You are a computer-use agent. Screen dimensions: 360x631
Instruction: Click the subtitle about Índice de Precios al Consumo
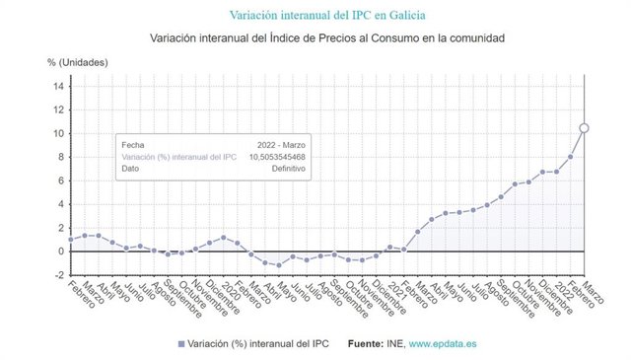click(x=327, y=38)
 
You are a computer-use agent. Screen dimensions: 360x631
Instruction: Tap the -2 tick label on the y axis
click(x=59, y=275)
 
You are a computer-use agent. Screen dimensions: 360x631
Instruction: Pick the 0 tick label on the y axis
click(x=61, y=252)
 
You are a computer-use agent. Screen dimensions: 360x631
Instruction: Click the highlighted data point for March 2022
click(x=585, y=127)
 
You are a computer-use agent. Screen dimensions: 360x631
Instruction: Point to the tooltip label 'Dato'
click(x=130, y=170)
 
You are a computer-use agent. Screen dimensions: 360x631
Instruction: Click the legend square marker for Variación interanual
click(x=181, y=343)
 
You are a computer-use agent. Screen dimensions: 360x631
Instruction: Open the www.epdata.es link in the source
click(x=446, y=342)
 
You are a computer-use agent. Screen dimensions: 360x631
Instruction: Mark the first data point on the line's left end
click(x=71, y=239)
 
